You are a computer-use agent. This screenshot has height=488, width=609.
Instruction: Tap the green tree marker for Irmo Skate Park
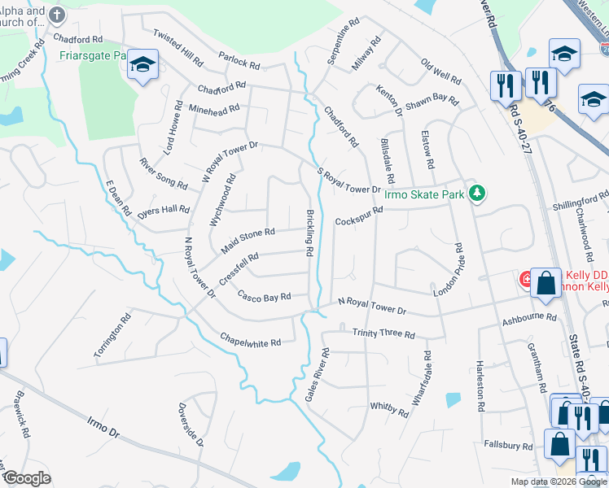pyautogui.click(x=480, y=193)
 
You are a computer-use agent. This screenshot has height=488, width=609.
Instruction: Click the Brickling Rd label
pyautogui.click(x=310, y=233)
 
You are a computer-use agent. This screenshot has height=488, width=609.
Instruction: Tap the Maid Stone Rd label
pyautogui.click(x=248, y=237)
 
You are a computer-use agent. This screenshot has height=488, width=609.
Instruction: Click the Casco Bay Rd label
pyautogui.click(x=264, y=298)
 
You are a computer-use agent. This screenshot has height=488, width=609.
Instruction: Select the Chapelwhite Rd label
pyautogui.click(x=250, y=339)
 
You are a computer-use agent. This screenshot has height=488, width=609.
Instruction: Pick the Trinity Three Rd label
pyautogui.click(x=383, y=334)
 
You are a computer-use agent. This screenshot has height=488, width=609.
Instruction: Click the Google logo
pyautogui.click(x=27, y=478)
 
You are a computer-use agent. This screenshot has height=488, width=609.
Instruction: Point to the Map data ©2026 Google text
pyautogui.click(x=558, y=481)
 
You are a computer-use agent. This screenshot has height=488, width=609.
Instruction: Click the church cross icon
pyautogui.click(x=56, y=15)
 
